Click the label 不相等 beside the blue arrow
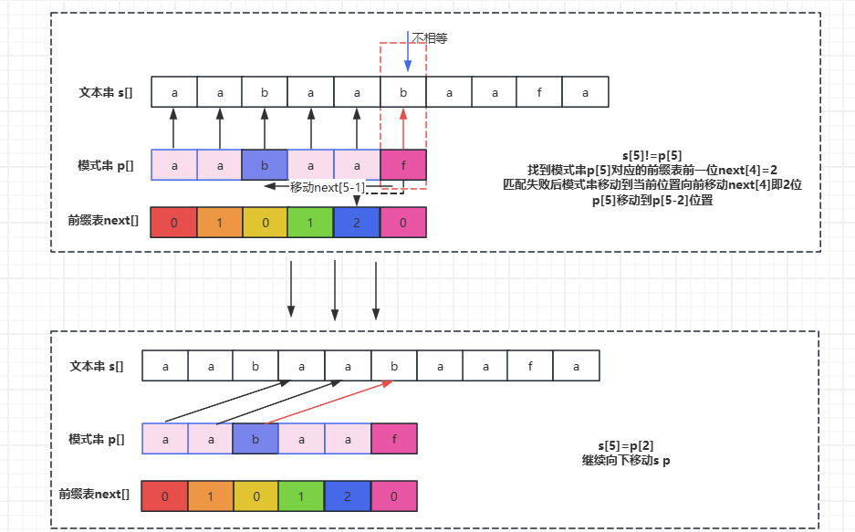(x=430, y=38)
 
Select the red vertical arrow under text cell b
(x=402, y=129)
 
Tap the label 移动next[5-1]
(x=328, y=187)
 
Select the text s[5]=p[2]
(x=627, y=445)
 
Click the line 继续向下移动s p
(x=627, y=460)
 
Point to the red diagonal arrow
(x=328, y=402)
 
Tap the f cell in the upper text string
(x=539, y=92)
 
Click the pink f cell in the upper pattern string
(x=402, y=165)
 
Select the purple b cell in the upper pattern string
(x=265, y=165)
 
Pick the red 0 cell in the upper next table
(x=173, y=222)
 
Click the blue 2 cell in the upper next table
(x=357, y=222)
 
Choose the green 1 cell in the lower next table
(x=302, y=496)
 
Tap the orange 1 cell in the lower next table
(x=211, y=496)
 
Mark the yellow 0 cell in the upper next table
(x=265, y=222)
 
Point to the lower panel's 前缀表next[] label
(x=94, y=495)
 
